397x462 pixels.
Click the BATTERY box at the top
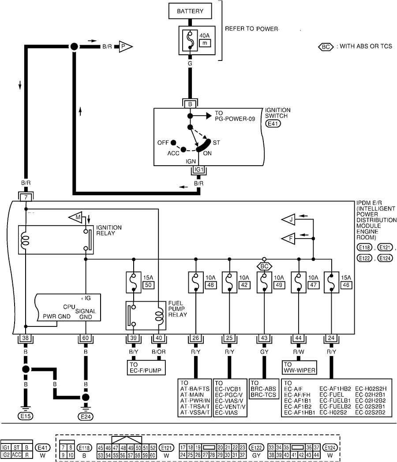190,11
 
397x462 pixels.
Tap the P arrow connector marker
124,45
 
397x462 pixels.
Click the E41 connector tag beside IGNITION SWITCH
273,124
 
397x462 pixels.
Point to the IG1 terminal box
199,169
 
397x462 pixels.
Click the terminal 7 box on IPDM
26,196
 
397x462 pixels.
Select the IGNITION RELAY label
109,231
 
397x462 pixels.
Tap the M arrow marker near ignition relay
75,217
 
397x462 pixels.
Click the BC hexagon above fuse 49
264,267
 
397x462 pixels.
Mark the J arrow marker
289,220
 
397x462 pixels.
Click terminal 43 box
264,338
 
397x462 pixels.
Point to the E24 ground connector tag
85,416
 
